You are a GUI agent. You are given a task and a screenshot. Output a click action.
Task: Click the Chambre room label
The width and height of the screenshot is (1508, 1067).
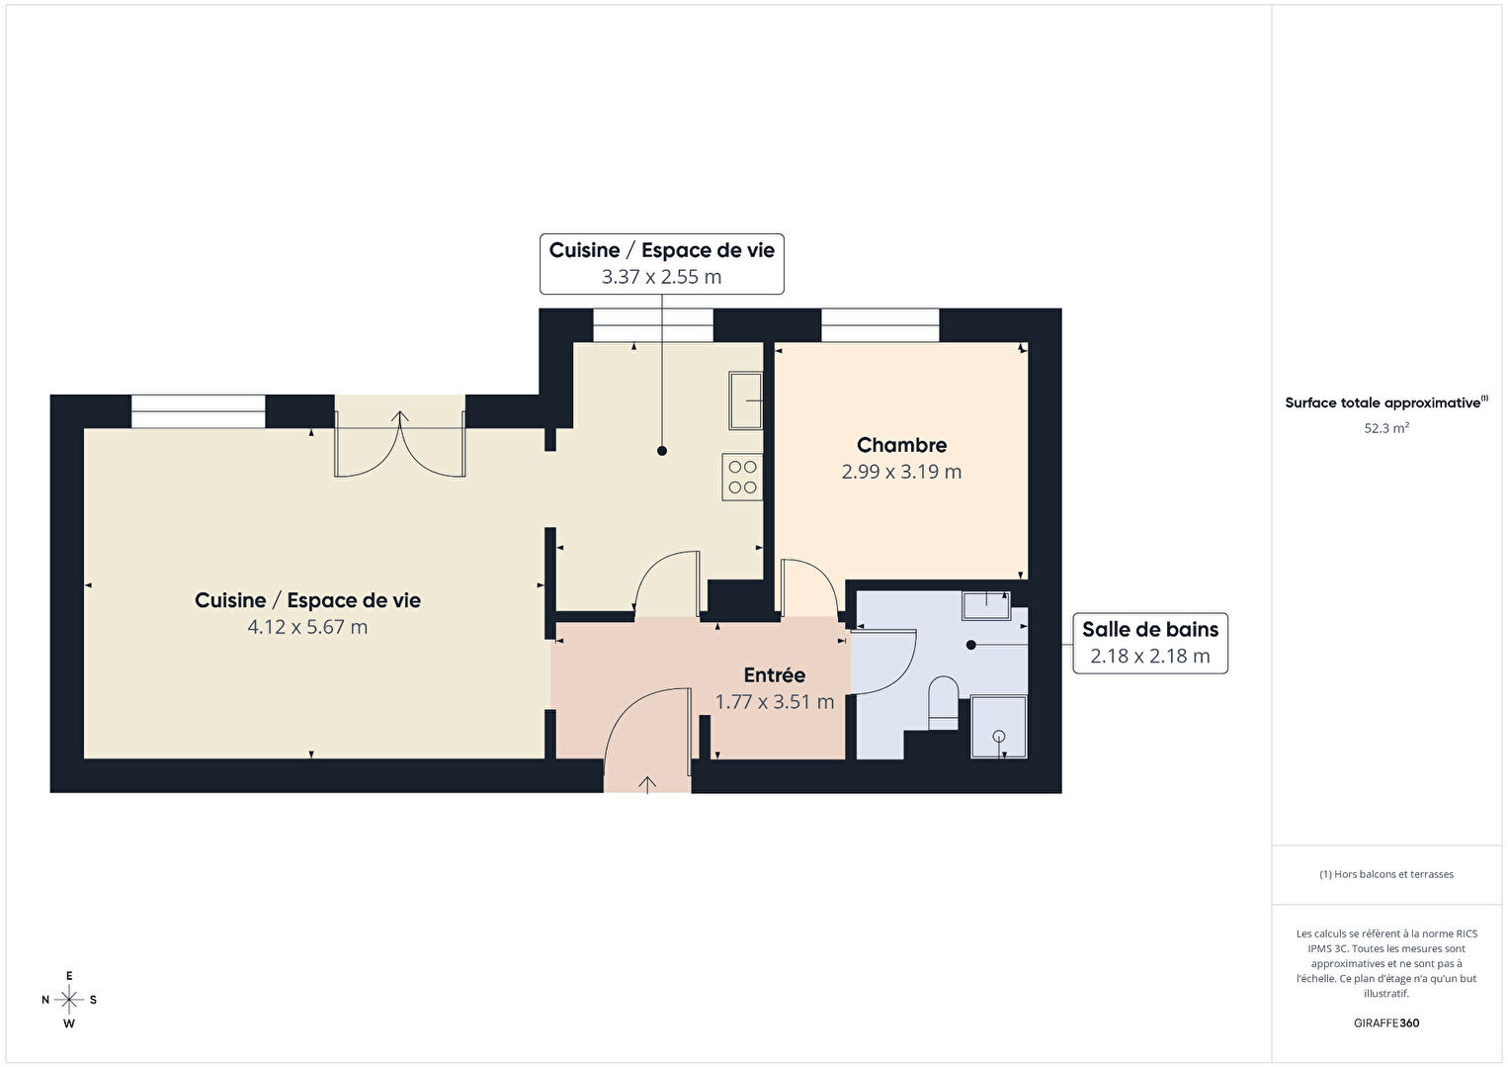tap(901, 445)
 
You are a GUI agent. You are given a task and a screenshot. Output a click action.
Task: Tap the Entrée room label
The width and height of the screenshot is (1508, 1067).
tap(774, 675)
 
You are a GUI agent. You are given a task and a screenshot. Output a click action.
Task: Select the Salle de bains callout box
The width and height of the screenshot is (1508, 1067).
tap(1150, 643)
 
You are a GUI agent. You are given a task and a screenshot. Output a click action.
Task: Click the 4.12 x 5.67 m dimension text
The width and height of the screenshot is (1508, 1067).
tap(307, 627)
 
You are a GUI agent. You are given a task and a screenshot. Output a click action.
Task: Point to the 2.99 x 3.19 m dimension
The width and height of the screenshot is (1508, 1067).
tap(901, 472)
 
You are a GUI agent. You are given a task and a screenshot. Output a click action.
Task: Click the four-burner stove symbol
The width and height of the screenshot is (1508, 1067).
tap(742, 477)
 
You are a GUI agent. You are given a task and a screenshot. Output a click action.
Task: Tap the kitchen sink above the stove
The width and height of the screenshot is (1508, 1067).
tap(746, 400)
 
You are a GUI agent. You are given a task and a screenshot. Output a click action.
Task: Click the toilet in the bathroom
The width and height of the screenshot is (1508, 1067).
tap(943, 703)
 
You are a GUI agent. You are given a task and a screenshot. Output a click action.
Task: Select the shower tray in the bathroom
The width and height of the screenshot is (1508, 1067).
tap(999, 728)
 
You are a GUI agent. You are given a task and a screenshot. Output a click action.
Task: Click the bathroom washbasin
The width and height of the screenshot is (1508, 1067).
tap(986, 605)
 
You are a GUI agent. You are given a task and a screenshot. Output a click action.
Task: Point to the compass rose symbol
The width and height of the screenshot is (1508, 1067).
tap(68, 1000)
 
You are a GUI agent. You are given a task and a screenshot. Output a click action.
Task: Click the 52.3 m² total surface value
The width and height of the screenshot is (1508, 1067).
tap(1386, 428)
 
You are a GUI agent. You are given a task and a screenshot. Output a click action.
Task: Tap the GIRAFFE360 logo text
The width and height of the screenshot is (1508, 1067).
tap(1386, 1023)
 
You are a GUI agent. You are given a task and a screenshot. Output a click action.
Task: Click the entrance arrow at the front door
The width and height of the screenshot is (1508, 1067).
tap(647, 785)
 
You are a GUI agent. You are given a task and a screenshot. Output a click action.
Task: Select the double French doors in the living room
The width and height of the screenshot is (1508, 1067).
tap(400, 444)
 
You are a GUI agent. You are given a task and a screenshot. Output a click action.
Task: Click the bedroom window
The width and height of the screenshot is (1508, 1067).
tap(880, 325)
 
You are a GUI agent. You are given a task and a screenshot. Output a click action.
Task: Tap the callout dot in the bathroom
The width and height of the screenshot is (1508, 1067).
tap(970, 645)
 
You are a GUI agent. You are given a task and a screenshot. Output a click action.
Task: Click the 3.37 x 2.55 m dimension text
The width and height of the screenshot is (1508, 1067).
tap(661, 277)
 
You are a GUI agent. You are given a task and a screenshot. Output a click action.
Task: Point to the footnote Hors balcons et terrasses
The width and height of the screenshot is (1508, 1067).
tap(1386, 874)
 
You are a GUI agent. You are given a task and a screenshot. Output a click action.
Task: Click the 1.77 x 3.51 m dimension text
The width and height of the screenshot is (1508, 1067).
tap(774, 702)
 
